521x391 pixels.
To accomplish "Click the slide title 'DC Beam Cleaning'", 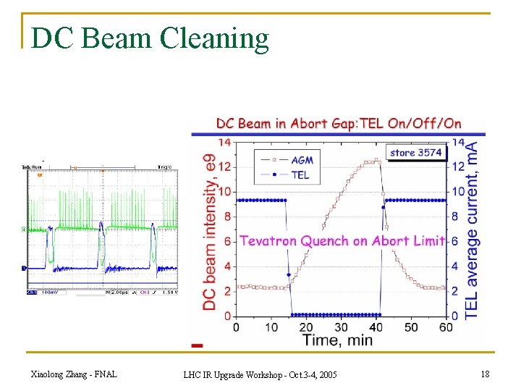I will [x=151, y=38].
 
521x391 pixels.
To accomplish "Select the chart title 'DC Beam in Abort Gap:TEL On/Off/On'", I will [x=339, y=123].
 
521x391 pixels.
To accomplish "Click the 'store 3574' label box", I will [x=415, y=153].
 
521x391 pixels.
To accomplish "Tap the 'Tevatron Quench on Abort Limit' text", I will [x=342, y=241].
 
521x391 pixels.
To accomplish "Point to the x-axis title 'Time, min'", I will [x=337, y=340].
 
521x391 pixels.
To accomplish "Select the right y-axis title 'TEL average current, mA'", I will [x=472, y=230].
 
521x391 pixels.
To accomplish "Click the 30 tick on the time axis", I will [x=341, y=327].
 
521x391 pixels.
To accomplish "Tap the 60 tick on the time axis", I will [x=446, y=327].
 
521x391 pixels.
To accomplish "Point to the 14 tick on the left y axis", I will [x=224, y=143].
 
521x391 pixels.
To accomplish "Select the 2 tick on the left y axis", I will [x=226, y=291].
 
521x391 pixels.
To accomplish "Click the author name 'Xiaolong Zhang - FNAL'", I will [x=75, y=374].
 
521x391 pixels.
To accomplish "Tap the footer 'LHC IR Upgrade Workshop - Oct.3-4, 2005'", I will [x=260, y=374].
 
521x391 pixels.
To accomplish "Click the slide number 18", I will [x=484, y=374].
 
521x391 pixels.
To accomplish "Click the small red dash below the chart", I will [x=197, y=345].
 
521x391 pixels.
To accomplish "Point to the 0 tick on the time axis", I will [x=236, y=327].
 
